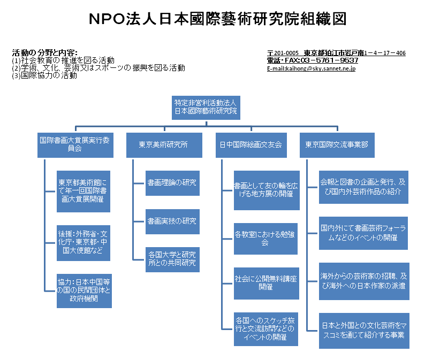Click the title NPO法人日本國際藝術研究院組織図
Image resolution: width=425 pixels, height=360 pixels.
218,19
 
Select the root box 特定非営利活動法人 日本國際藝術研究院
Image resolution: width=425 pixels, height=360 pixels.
206,108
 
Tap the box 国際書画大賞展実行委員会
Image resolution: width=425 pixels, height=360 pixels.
75,145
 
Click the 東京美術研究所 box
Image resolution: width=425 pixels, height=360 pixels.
164,145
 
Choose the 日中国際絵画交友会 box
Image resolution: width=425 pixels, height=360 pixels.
251,145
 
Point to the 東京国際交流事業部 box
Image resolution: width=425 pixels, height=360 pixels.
337,145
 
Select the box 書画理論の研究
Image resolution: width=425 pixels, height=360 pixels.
173,183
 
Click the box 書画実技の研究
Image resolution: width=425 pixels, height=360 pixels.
173,221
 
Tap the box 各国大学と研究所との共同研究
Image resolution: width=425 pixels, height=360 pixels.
173,259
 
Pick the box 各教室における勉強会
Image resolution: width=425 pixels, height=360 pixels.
265,239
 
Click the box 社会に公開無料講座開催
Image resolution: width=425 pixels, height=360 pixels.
267,284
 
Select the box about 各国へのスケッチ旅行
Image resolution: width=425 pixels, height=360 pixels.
266,329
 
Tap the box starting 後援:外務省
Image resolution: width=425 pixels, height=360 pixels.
84,243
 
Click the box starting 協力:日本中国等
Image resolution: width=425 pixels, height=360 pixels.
84,291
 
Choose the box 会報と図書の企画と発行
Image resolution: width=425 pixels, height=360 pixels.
364,187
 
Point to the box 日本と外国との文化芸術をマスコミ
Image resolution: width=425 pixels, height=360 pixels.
365,331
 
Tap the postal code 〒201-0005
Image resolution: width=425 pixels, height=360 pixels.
283,53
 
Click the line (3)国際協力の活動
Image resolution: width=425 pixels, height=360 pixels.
44,75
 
